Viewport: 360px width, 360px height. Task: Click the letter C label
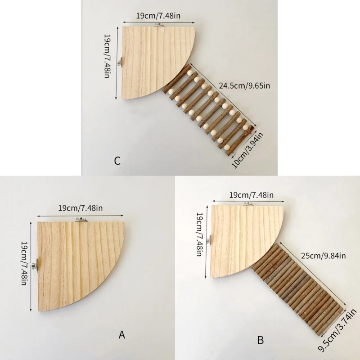click(117, 161)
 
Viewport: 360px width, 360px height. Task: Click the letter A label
click(121, 334)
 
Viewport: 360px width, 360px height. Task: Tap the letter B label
click(260, 340)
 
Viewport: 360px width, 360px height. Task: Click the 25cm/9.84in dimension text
click(323, 256)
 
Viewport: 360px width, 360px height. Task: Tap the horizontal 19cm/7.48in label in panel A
click(81, 208)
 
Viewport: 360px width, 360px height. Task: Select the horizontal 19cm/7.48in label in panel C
click(158, 16)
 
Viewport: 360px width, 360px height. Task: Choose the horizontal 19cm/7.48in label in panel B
click(251, 195)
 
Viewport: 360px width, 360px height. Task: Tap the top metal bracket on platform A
click(81, 220)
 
